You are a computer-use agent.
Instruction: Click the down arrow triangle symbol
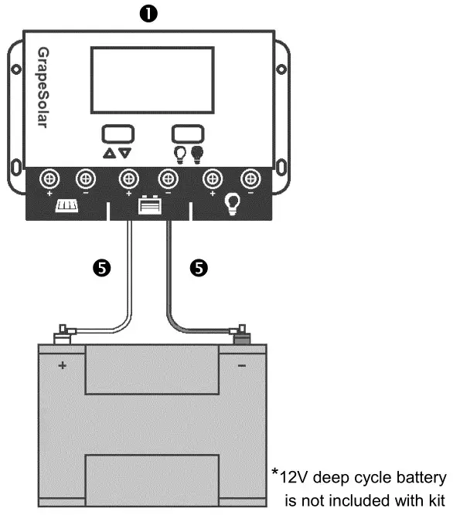(125, 153)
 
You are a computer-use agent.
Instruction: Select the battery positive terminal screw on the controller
(128, 180)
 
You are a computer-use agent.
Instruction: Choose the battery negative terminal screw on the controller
(168, 180)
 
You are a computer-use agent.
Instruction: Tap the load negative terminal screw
(249, 180)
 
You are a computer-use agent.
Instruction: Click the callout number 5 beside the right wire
(199, 268)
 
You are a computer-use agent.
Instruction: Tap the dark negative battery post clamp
(241, 335)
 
